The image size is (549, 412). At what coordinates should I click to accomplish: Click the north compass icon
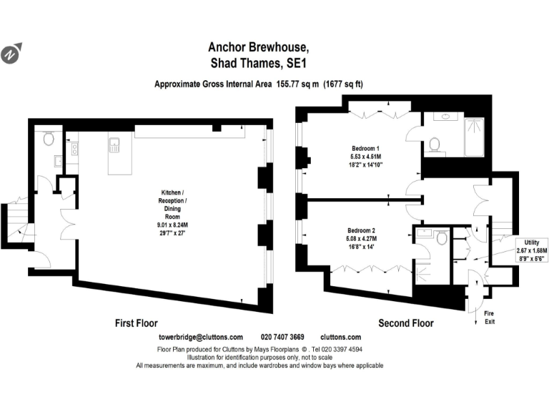tap(12, 53)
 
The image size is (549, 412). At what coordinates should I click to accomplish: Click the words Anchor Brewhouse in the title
tap(259, 47)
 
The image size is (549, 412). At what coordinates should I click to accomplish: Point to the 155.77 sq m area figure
tap(296, 84)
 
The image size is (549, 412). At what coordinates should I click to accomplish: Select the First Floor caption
tap(137, 323)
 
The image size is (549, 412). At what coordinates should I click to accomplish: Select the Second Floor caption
tap(406, 323)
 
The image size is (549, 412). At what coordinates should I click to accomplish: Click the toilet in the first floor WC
tap(49, 139)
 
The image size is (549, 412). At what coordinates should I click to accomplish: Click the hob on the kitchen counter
tap(74, 149)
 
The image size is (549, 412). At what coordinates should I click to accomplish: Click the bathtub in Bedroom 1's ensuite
tap(475, 137)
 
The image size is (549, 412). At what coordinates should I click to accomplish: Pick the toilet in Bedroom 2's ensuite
tap(442, 237)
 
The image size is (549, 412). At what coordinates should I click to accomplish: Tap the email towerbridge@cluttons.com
tap(200, 337)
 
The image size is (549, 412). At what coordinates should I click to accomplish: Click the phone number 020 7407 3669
tap(283, 337)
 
